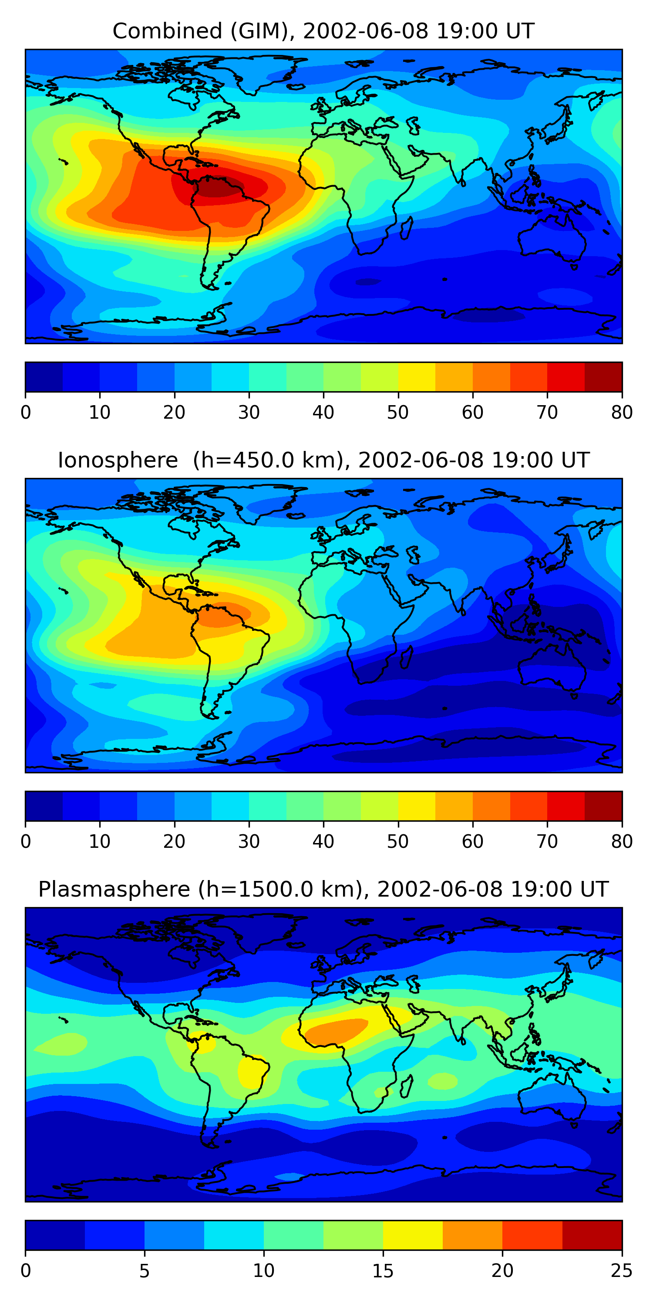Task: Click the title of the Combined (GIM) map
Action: tap(323, 31)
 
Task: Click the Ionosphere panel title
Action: tap(323, 460)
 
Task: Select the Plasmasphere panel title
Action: tap(323, 890)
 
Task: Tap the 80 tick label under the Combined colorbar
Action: tap(622, 413)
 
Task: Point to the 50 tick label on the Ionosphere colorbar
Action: tap(398, 842)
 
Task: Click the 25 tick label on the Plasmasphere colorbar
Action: tap(622, 1271)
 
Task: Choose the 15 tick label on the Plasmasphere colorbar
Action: tap(383, 1271)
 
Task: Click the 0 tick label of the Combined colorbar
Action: tap(26, 413)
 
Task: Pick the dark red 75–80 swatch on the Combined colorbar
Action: tap(603, 377)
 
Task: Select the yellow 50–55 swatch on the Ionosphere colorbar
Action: tap(417, 806)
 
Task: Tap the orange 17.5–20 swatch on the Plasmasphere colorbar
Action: tap(472, 1236)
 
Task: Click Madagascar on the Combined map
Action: tap(407, 228)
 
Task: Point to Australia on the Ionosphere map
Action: tap(552, 666)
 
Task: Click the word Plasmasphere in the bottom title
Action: tap(114, 890)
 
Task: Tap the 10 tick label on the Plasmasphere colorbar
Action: tap(264, 1271)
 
